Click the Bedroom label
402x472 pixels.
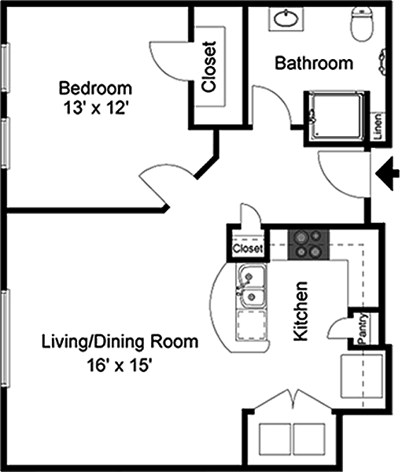95,88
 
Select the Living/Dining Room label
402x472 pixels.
120,342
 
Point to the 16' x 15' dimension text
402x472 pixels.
118,366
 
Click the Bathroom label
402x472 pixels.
314,63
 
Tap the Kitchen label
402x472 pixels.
301,312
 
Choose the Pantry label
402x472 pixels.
363,329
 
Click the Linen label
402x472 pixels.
378,127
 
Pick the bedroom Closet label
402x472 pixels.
209,67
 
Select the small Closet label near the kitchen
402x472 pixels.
248,249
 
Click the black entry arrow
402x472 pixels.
388,174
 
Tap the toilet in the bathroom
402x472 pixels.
362,24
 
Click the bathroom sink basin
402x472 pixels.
286,18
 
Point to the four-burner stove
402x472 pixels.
309,245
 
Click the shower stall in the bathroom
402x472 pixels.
337,117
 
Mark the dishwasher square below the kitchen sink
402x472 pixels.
252,325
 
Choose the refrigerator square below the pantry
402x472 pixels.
362,376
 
